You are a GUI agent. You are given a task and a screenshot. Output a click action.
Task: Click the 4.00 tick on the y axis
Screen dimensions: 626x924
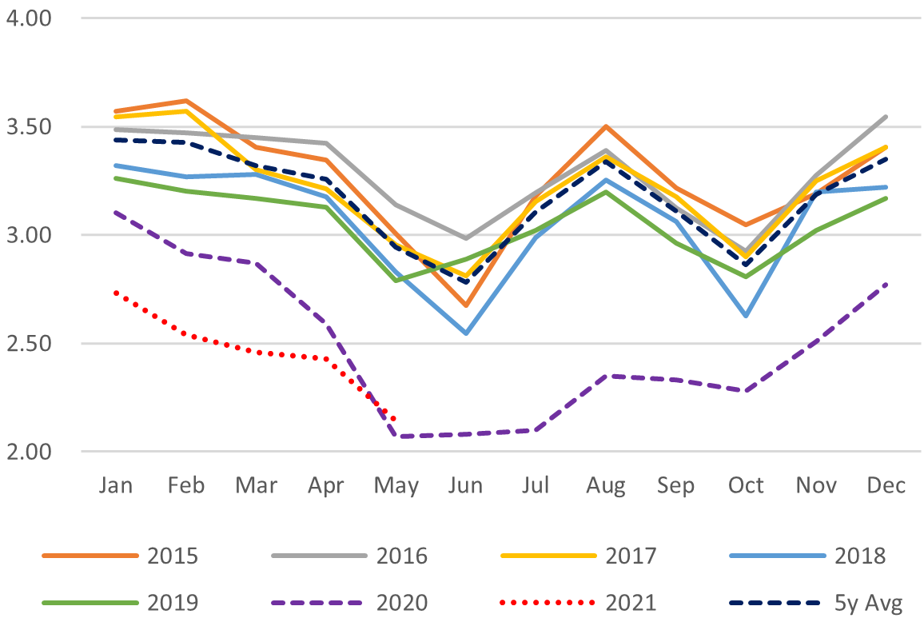tap(28, 18)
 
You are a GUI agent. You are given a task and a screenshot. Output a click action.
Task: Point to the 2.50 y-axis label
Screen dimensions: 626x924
tap(28, 344)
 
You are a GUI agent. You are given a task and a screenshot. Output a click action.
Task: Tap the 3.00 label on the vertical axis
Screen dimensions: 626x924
tap(28, 235)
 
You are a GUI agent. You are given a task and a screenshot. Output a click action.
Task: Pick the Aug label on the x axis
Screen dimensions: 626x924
tap(605, 485)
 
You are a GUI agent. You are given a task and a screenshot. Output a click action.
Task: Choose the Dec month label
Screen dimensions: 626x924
tap(886, 485)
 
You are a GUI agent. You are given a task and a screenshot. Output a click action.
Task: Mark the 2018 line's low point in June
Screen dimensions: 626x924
tap(465, 333)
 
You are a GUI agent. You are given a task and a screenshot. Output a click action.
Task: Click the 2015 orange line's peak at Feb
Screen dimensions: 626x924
tap(185, 101)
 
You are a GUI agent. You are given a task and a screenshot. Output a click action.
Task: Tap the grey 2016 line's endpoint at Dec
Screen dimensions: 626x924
tap(886, 117)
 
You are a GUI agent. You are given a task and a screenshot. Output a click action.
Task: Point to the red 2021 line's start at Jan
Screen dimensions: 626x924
tap(115, 293)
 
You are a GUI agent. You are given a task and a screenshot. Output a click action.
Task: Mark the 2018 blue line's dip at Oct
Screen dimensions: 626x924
tap(746, 317)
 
